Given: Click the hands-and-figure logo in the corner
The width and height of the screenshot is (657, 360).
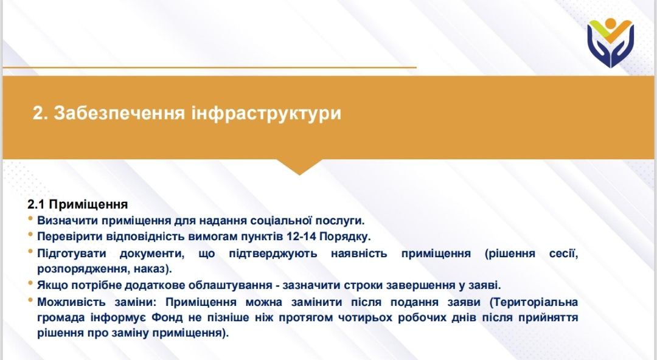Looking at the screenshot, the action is pos(611,43).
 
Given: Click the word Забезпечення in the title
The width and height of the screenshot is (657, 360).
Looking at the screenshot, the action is pos(119,113).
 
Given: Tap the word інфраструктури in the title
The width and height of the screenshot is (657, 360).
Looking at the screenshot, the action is pos(266,114).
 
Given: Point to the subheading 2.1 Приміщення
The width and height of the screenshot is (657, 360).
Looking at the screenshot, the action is pos(77,204).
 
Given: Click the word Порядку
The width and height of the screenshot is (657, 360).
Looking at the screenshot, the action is pos(345,237).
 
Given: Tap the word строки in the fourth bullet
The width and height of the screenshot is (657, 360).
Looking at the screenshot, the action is pos(363,285).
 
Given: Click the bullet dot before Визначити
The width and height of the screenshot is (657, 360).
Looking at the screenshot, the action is pos(30,218).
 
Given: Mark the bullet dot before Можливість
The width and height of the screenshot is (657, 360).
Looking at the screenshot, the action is pos(30,300).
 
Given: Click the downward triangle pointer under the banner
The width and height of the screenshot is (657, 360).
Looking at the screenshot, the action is pos(299,167).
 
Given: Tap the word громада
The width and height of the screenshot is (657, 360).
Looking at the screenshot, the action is pos(61,317).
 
